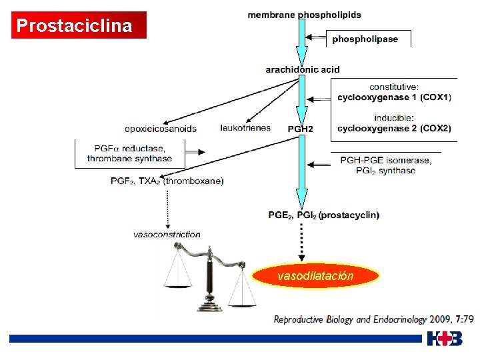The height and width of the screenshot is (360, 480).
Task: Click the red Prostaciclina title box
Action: [79, 26]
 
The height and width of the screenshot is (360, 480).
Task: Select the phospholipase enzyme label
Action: [365, 39]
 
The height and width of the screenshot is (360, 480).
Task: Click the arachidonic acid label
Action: [302, 69]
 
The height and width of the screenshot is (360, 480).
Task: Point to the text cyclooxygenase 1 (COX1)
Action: [394, 97]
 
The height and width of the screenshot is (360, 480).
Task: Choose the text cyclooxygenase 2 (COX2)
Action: [394, 128]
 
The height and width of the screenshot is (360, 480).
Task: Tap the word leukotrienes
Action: [245, 128]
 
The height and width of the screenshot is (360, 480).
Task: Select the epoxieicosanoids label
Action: [161, 129]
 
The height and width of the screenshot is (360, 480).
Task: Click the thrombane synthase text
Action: [129, 159]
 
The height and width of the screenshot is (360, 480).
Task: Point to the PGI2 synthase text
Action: [385, 171]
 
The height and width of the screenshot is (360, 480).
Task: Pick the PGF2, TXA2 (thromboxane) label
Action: [167, 181]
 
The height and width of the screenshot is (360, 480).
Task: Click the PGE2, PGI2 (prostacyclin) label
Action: [324, 215]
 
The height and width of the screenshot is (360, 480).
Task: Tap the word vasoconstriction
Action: [167, 235]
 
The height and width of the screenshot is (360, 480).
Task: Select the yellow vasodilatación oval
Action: [315, 275]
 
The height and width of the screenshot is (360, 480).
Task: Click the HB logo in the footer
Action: [445, 339]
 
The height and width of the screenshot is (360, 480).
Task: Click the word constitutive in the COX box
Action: [394, 87]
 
